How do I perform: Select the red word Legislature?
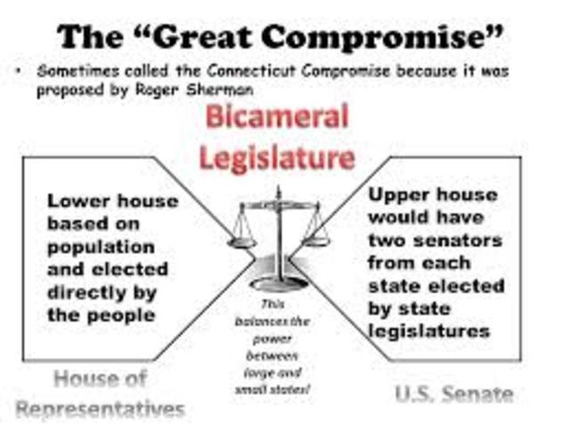point(277,159)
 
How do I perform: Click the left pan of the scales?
point(242,238)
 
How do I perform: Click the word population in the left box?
point(101,246)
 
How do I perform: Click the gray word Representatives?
point(100,409)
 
